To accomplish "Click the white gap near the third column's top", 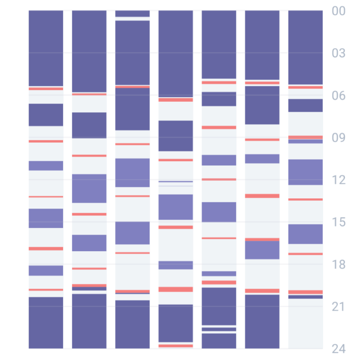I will coord(132,19).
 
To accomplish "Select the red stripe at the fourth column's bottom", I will coord(175,345).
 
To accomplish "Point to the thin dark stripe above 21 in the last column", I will coord(305,297).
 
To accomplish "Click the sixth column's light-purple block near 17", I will coord(262,250).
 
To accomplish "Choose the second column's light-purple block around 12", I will coord(89,188).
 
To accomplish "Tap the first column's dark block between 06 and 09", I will coord(46,115).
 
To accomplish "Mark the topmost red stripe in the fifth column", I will coord(219,83).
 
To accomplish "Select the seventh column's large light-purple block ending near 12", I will coord(305,172).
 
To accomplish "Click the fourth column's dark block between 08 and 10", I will coord(175,136).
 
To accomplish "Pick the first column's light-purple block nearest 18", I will coord(46,270).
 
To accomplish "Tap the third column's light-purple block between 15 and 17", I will coord(132,233).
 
